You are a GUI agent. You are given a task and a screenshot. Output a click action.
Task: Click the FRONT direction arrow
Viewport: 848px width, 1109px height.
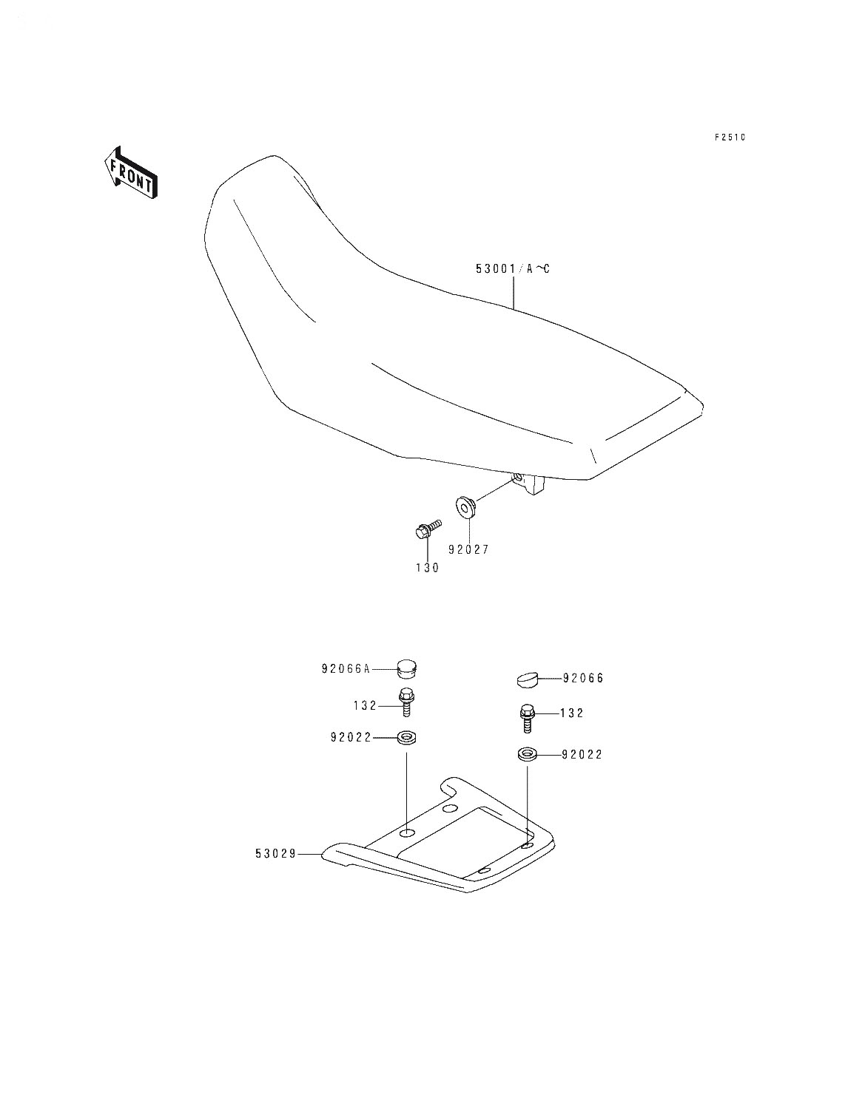click(131, 173)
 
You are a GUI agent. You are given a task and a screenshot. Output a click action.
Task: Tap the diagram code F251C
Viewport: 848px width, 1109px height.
click(730, 138)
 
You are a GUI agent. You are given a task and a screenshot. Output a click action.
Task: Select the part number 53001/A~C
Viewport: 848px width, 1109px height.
click(512, 269)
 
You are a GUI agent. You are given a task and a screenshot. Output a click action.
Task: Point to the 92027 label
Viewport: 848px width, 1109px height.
click(468, 549)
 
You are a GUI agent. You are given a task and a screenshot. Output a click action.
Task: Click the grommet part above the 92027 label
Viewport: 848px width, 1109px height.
click(465, 506)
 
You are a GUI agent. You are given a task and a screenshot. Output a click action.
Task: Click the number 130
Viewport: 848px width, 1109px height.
click(428, 568)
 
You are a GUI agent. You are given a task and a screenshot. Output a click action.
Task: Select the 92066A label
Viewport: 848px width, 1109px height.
click(346, 669)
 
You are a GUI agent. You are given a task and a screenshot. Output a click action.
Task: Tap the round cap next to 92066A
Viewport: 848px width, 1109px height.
click(406, 668)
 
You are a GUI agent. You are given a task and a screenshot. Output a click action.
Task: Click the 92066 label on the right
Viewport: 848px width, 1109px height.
click(584, 678)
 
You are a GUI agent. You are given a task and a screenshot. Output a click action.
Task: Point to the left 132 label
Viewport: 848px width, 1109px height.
click(365, 706)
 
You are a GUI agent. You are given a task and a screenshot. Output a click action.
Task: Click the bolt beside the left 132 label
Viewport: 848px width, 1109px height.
click(406, 702)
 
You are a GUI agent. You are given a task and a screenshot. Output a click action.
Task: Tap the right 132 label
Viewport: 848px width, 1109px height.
click(572, 713)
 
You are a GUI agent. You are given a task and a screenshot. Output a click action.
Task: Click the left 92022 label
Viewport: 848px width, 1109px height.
click(351, 738)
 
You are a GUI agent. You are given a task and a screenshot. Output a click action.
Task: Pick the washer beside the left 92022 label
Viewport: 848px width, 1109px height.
click(406, 738)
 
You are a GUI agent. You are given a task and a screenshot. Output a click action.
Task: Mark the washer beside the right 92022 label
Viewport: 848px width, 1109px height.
click(528, 755)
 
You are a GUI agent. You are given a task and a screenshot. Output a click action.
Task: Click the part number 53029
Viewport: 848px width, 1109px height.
click(275, 854)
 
